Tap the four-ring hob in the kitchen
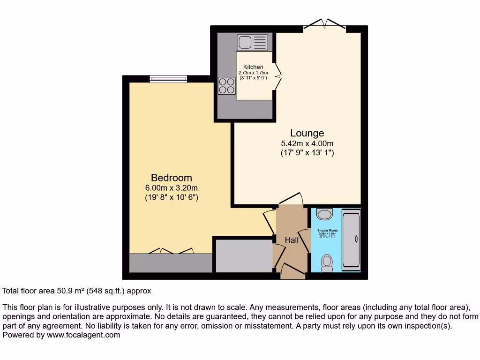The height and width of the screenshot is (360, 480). pos(227,86)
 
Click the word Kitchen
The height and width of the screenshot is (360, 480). pos(253,67)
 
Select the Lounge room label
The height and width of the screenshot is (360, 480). pos(307,133)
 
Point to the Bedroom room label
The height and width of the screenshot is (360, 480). pos(172,178)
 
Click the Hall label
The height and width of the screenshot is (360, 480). pos(292,240)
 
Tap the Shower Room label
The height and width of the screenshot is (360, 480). pos(327,231)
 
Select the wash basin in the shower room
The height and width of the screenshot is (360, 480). pos(324,214)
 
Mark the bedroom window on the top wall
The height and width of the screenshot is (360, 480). pos(168,79)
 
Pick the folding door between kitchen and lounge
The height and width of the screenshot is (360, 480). pos(277,76)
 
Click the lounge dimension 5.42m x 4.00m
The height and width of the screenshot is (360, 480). pos(307,143)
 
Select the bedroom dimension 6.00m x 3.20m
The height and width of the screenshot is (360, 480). pos(172,188)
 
